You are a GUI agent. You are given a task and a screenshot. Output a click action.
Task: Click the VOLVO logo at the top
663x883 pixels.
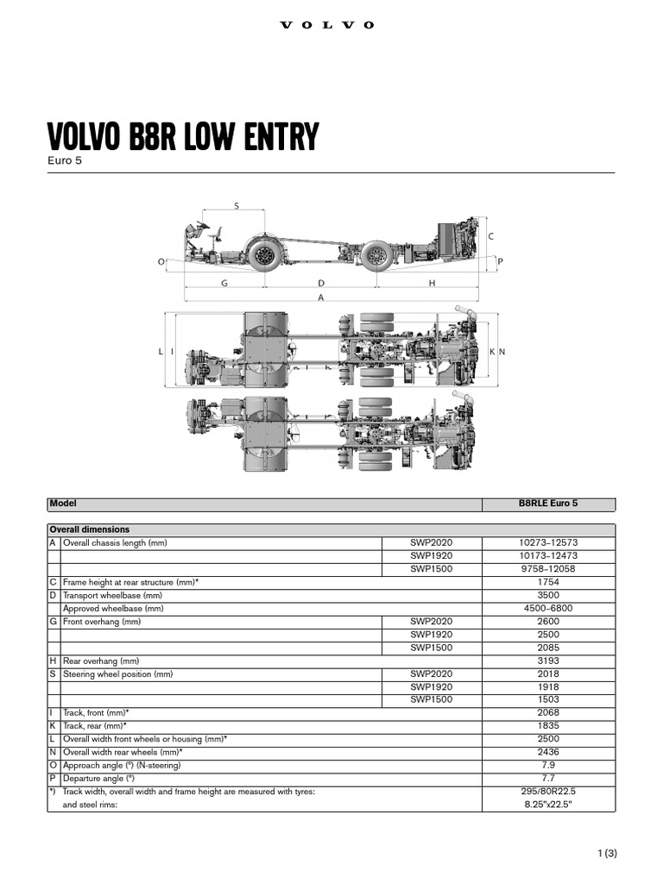click(328, 25)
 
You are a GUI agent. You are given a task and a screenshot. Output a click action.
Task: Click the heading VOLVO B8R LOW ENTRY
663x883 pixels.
click(182, 136)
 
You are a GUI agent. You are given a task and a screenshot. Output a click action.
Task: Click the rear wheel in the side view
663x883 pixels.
click(376, 255)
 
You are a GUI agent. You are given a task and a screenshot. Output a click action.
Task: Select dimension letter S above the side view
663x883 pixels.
click(237, 205)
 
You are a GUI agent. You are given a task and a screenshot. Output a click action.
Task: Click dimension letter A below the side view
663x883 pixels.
click(321, 297)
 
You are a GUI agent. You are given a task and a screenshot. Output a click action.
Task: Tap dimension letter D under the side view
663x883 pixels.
click(321, 282)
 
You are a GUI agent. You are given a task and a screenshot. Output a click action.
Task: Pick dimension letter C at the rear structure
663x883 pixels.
click(490, 235)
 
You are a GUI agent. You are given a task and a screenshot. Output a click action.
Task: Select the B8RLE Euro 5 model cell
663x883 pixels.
click(548, 504)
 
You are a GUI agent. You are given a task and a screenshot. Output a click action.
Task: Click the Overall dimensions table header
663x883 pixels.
click(90, 529)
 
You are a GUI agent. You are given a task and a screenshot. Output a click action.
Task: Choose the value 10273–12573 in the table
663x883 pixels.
click(548, 542)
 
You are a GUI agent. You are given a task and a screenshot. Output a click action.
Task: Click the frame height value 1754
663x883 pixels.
click(548, 582)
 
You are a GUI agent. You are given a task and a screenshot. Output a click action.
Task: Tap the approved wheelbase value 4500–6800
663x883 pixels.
click(548, 608)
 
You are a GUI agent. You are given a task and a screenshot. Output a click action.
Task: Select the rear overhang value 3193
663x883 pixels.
click(548, 661)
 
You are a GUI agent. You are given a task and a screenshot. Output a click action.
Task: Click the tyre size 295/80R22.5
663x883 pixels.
click(548, 792)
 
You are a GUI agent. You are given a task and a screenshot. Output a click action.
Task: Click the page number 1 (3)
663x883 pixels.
click(607, 854)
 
